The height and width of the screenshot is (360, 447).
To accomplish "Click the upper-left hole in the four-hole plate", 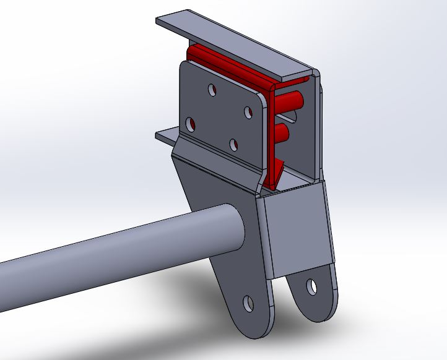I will click(x=212, y=90).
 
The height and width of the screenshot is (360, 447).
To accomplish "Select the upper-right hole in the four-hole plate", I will click(x=248, y=113).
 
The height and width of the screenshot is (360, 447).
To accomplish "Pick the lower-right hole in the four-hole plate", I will click(x=233, y=145).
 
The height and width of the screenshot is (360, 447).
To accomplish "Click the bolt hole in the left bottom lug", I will click(x=248, y=303).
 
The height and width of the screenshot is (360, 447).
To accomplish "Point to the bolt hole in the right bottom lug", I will click(x=311, y=286).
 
